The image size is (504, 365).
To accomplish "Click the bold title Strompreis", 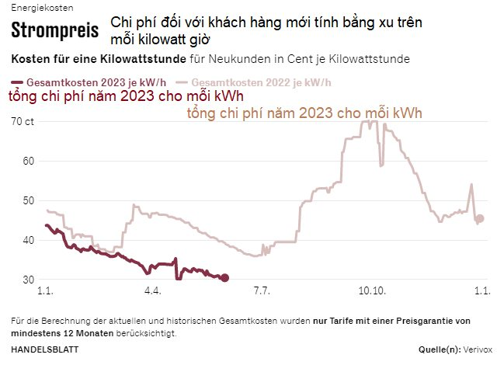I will click(x=54, y=31).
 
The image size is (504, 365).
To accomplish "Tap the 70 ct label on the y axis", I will click(x=23, y=121).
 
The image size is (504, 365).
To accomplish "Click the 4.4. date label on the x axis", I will click(x=152, y=292).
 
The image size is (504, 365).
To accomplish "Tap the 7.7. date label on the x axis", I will click(x=262, y=292).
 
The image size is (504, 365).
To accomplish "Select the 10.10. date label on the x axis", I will click(x=372, y=292).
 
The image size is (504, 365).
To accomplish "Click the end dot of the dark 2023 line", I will click(x=224, y=278).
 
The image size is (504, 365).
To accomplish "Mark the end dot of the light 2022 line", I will click(x=480, y=219).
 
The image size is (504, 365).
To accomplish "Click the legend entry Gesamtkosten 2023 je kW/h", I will click(x=91, y=82).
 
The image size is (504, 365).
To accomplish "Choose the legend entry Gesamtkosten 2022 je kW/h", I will click(x=255, y=82).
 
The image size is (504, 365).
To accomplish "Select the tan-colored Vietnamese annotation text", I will click(x=305, y=113).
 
